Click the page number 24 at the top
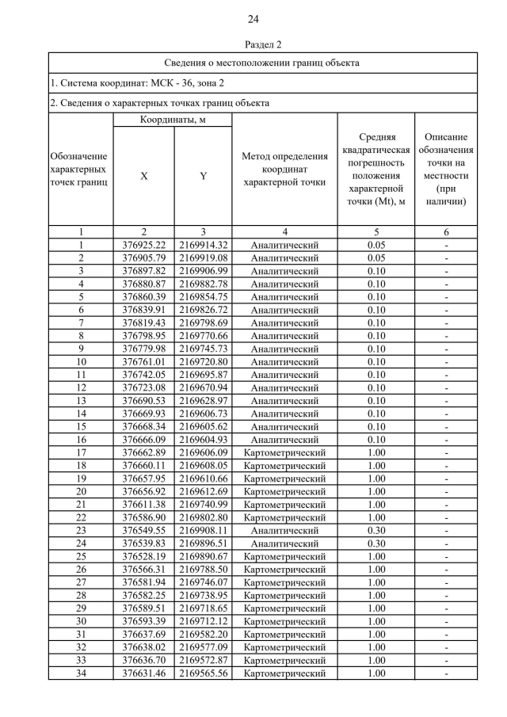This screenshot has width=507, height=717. coord(253,19)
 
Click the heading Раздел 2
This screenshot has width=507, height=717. coord(253,45)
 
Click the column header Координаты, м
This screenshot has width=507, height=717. coord(172,120)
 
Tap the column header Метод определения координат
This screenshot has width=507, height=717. coord(284,170)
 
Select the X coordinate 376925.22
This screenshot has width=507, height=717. coord(143,245)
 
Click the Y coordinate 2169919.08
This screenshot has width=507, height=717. coord(203,257)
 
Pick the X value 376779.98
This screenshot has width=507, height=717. coord(143,349)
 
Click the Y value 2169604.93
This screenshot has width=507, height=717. coord(203,439)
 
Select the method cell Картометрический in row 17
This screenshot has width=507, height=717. coord(284,452)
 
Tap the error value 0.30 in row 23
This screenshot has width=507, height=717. coord(376,529)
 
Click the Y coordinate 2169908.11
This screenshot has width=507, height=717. coord(203,529)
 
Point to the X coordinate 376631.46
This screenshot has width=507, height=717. coord(143,673)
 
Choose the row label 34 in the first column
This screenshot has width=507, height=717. coord(80,673)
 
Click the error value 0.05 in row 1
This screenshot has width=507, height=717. coord(376,245)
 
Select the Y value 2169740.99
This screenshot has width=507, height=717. coord(203,504)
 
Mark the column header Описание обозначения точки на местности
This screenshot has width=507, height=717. coord(446,170)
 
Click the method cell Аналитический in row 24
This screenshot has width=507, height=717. coord(284,543)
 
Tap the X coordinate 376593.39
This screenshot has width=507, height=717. coord(143,620)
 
